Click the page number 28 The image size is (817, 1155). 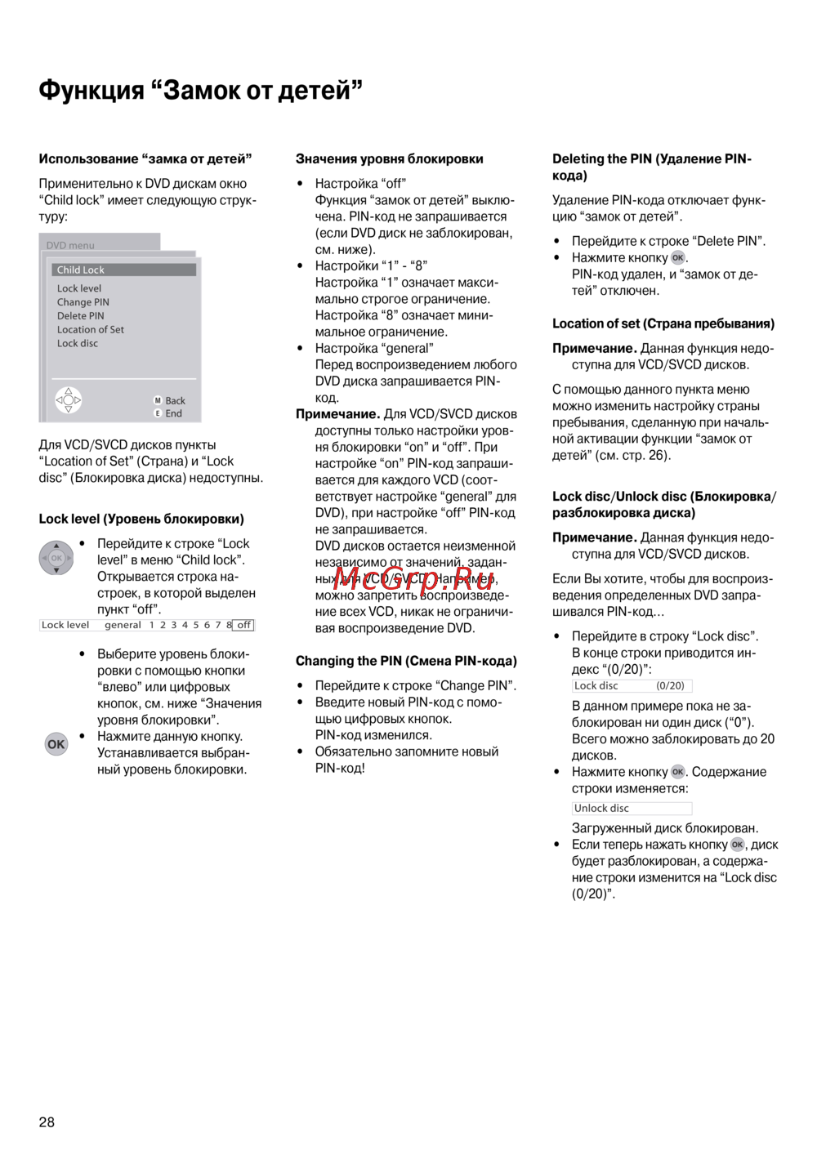point(47,1122)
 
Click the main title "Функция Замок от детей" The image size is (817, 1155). point(200,90)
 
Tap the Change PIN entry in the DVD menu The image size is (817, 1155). point(83,302)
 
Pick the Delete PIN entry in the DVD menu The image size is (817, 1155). point(80,316)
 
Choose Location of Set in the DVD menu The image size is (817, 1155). point(90,330)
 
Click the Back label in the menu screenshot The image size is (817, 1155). point(175,400)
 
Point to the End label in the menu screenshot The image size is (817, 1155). point(173,413)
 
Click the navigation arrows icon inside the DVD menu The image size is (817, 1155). point(69,400)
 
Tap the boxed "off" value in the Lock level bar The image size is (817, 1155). point(243,625)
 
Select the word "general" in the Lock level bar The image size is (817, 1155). point(123,625)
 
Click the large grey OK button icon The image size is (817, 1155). point(56,744)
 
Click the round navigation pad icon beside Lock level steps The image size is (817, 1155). point(56,558)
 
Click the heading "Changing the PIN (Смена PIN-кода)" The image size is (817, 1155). point(406,661)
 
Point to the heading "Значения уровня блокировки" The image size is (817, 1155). point(389,159)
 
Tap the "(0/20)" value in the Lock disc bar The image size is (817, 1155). point(670,686)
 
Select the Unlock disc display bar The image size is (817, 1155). point(632,809)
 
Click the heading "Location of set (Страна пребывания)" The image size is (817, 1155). point(663,323)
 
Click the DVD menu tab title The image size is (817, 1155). point(70,245)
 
